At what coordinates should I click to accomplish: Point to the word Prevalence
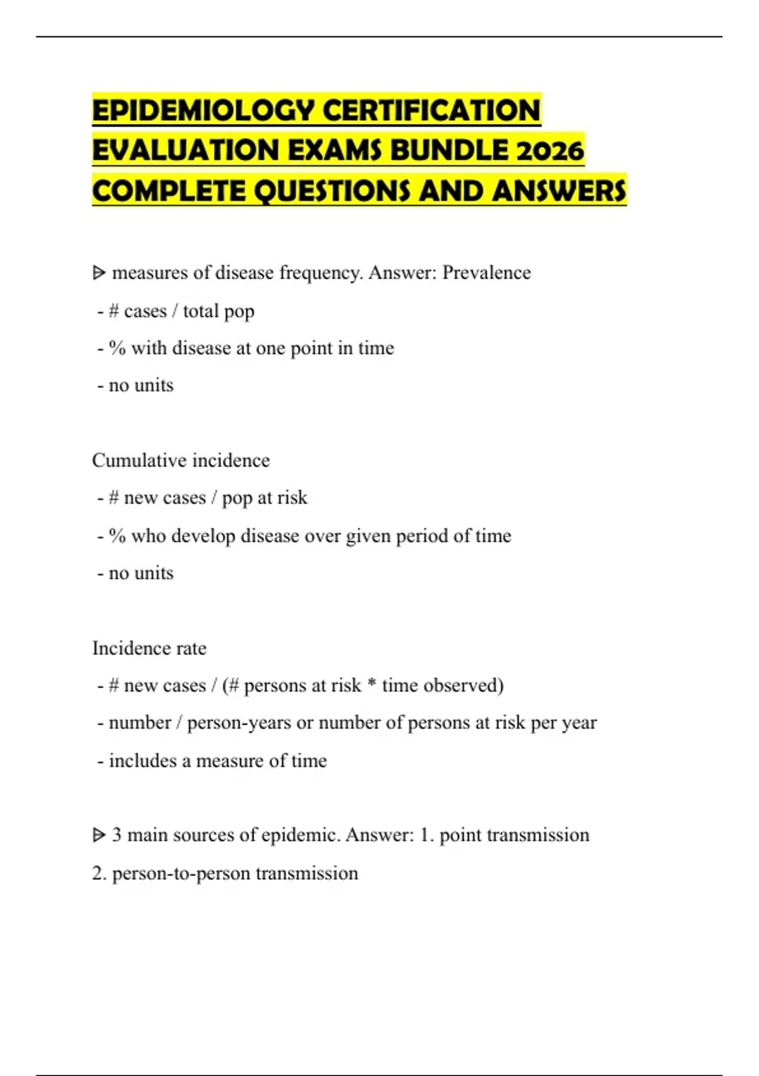click(486, 273)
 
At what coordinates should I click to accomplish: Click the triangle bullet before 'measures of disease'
click(99, 273)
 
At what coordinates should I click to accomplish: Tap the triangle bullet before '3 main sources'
click(99, 835)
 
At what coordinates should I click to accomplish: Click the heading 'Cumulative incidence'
click(181, 460)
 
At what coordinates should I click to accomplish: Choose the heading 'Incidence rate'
click(149, 648)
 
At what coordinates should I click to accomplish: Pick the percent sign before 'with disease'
click(117, 348)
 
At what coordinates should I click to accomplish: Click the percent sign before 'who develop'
click(117, 536)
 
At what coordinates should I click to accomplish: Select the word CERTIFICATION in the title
click(432, 111)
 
